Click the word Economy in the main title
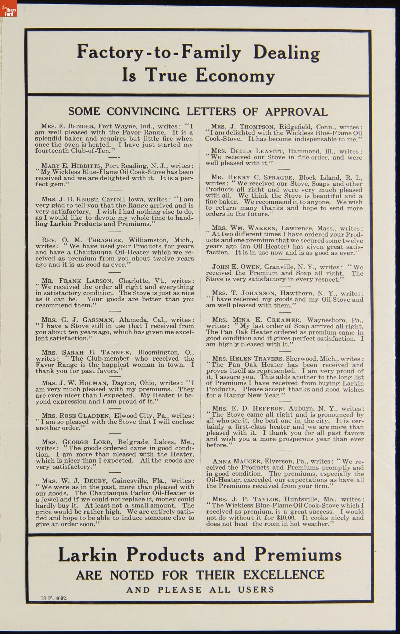(235, 75)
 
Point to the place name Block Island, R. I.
(325, 177)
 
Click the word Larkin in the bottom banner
(88, 555)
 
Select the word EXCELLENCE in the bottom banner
(283, 575)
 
